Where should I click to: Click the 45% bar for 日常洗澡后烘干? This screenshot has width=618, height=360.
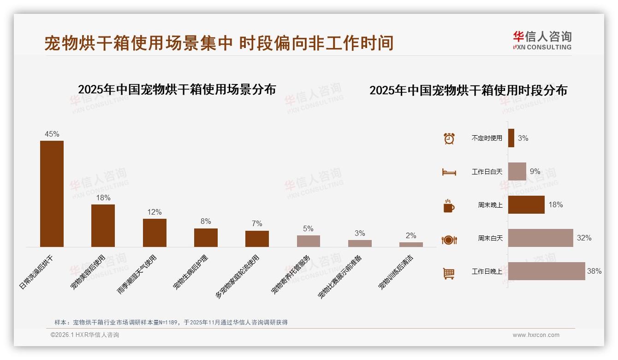(52, 193)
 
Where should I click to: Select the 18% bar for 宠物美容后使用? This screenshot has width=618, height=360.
(103, 225)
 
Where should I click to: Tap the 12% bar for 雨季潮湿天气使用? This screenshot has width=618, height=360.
(154, 233)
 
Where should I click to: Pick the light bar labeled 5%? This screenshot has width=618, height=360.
(308, 241)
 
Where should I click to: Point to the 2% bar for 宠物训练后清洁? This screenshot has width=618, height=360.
(411, 245)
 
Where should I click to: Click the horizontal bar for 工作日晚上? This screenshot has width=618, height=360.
(547, 271)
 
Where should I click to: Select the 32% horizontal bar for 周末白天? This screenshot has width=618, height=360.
(541, 238)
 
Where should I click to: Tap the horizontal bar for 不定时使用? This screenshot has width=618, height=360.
(511, 138)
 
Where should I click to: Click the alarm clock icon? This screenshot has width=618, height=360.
(449, 138)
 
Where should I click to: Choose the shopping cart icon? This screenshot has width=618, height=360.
(449, 273)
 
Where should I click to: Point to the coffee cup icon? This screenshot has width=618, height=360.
(449, 206)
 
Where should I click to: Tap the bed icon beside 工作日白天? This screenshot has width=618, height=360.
(449, 172)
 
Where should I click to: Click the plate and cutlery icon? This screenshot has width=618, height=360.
(449, 240)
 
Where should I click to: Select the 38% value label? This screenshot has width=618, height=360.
(594, 271)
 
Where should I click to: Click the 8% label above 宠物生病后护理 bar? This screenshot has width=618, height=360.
(206, 222)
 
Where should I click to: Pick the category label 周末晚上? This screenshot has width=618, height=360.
(490, 205)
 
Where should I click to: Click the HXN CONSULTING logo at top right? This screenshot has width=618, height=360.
(542, 40)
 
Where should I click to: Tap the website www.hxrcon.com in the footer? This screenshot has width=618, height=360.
(536, 335)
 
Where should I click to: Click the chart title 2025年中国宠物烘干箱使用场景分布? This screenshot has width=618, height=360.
(177, 89)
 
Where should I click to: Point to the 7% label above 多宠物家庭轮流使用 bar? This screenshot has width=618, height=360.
(257, 224)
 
